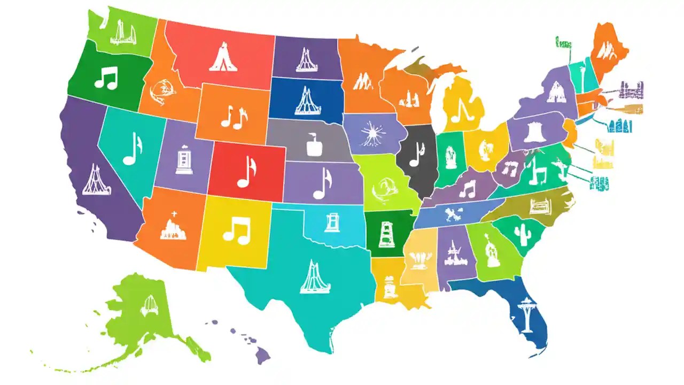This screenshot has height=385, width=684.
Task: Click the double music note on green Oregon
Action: [x=106, y=79]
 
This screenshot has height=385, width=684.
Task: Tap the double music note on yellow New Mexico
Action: [x=236, y=230]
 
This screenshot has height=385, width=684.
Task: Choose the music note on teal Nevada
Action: [x=132, y=148]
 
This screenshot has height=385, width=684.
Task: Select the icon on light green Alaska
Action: [x=148, y=304]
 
